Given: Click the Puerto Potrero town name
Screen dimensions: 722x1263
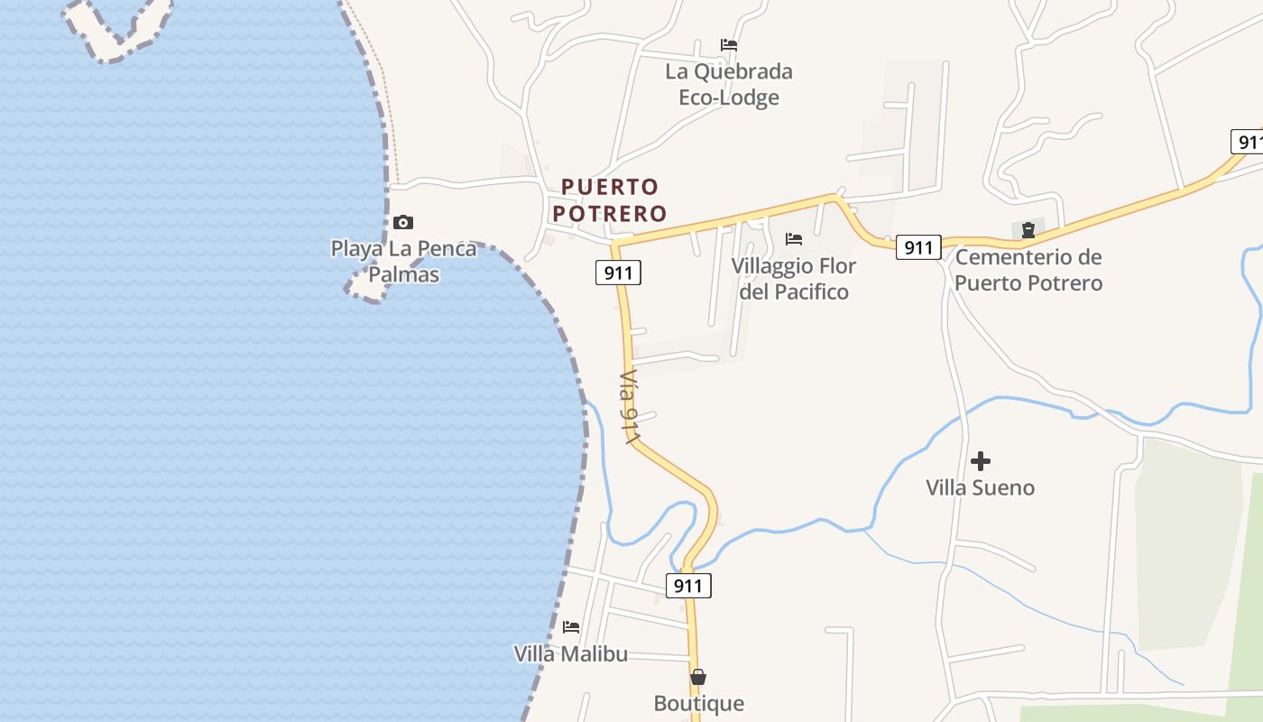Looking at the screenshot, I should pos(610,200).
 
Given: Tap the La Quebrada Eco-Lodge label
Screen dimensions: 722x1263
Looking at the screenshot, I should pos(729,84).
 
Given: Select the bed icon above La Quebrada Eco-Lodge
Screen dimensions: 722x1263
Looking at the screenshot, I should pos(729,44).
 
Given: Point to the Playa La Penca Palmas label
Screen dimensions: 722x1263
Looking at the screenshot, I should pos(403,261).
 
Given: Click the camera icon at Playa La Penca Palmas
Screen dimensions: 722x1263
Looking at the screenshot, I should pos(403,222).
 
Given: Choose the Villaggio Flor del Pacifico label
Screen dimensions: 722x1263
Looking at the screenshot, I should pos(794,279).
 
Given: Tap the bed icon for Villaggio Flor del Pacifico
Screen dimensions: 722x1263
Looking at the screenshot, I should pos(794,239).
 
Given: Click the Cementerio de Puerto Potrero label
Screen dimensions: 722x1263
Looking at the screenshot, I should pos(1028,270).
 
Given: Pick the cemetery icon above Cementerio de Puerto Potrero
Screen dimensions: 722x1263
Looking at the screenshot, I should pos(1028,230).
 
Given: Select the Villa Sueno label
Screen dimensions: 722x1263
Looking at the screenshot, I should pos(980,488).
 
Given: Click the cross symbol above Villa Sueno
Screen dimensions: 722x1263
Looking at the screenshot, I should pos(981,461).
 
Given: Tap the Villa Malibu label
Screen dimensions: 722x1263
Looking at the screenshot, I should pos(570,654).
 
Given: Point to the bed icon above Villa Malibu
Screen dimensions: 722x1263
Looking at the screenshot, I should pos(571,626).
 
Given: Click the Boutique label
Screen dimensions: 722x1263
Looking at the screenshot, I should pos(699,703).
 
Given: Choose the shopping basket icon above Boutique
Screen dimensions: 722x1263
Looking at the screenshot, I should pos(698,677).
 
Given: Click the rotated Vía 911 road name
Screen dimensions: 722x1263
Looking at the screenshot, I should pos(630,407).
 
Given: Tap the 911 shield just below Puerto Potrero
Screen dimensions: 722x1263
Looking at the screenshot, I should pos(618,273).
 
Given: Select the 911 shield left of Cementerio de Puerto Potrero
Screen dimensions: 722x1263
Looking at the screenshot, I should pos(918,247).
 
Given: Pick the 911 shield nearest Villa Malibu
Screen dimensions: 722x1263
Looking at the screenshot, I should pos(688,586).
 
